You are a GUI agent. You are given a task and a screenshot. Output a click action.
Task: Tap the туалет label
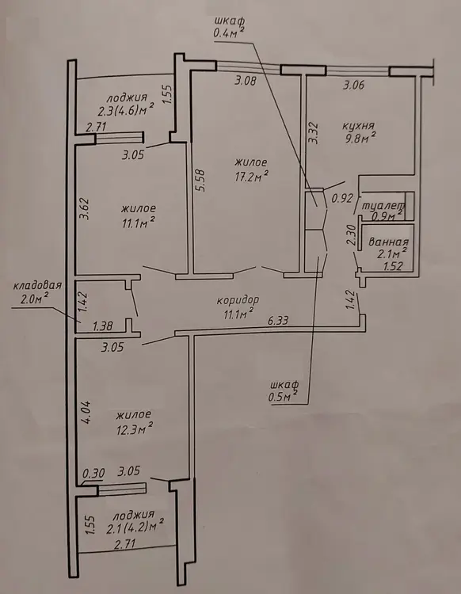(x=383, y=206)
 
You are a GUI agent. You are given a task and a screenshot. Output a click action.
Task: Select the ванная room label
(x=389, y=242)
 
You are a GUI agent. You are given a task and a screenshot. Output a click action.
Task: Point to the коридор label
(x=238, y=300)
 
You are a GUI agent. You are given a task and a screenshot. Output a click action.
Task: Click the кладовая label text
(x=37, y=285)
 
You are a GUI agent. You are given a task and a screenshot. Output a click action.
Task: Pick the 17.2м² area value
(x=252, y=176)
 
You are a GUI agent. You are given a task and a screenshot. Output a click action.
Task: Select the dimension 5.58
(x=200, y=180)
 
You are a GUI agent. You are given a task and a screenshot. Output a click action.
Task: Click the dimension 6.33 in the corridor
(x=278, y=321)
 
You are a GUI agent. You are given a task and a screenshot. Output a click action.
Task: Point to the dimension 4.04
(x=86, y=412)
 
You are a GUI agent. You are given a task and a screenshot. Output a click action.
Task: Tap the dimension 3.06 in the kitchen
(x=353, y=85)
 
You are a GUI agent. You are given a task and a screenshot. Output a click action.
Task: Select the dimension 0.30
(x=93, y=473)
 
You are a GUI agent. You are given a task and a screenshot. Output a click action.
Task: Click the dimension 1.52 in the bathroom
(x=392, y=266)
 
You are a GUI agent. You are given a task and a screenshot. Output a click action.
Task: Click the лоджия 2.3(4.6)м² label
(x=125, y=105)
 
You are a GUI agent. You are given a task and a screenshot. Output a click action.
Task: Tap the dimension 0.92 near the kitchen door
(x=342, y=198)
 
